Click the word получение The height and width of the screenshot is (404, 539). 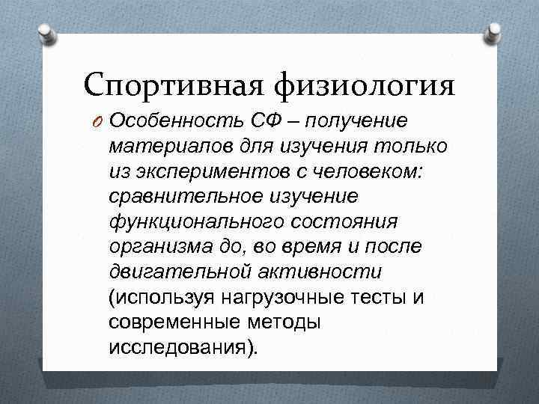point(362,122)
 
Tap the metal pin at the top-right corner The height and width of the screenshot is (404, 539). point(495,32)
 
